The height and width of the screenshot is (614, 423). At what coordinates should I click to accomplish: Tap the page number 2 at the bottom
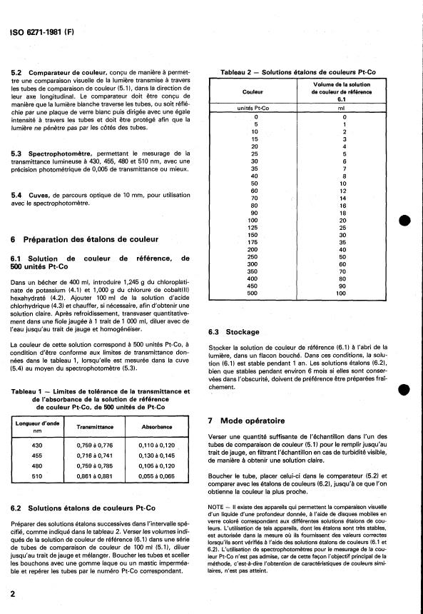(x=14, y=593)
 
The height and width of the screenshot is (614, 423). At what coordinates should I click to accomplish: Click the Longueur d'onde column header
(x=34, y=426)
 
